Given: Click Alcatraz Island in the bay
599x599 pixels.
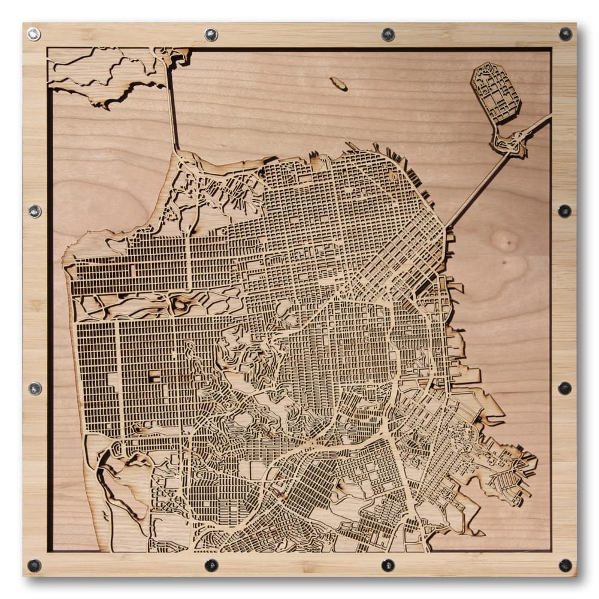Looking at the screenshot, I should click(338, 83).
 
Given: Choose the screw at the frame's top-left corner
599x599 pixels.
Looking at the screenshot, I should click(34, 34).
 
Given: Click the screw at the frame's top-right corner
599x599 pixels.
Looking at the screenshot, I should click(565, 34).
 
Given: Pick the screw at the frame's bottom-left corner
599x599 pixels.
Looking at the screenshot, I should click(34, 565).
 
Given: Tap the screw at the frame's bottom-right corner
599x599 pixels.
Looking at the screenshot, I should click(565, 565).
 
